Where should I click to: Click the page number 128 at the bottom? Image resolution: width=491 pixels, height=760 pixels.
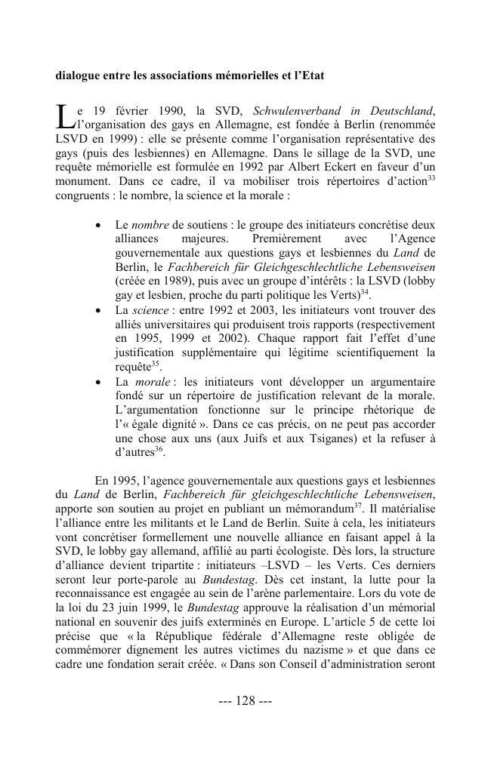point(246,700)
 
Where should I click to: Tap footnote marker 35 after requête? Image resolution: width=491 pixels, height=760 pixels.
point(156,362)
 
